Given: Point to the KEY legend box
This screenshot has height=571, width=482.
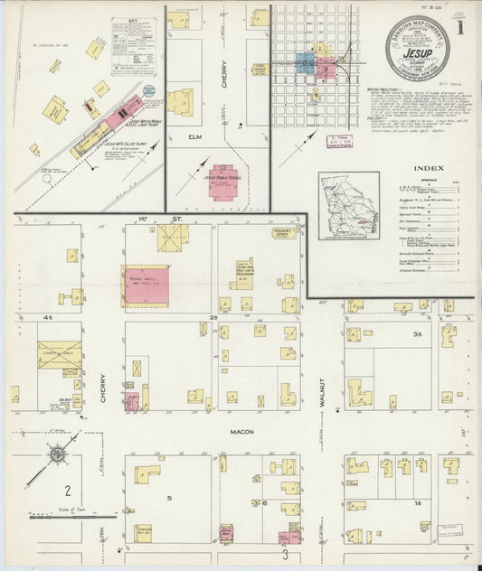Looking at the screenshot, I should click(133, 46).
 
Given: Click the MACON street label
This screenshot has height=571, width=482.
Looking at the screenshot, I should click(241, 432).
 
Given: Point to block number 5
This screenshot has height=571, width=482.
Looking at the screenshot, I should click(168, 497).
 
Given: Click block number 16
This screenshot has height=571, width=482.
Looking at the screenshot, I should click(417, 501).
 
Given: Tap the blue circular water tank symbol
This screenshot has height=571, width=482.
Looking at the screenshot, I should click(148, 90).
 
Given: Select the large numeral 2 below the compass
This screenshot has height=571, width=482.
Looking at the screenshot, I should click(66, 491).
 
